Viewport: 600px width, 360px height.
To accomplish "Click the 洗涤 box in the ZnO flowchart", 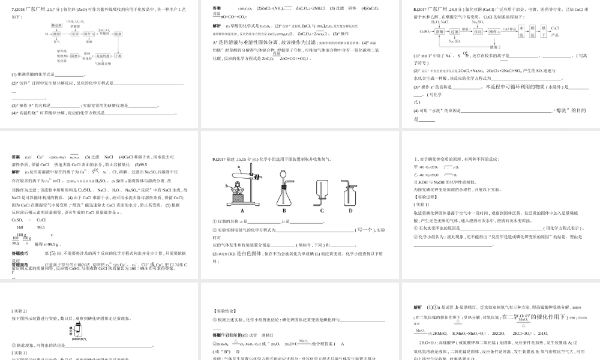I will (118, 34).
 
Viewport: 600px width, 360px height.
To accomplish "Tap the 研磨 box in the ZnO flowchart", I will (74, 56).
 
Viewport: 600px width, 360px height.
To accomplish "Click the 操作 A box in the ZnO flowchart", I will (89, 34).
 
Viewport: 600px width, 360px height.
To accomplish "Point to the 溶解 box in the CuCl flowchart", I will (440, 32).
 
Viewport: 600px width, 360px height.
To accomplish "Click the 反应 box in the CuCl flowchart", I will (478, 32).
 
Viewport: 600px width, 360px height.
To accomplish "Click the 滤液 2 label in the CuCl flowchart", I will (495, 47).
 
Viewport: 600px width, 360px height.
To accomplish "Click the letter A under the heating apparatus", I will (242, 211).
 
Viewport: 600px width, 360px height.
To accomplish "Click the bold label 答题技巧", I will (21, 253).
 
